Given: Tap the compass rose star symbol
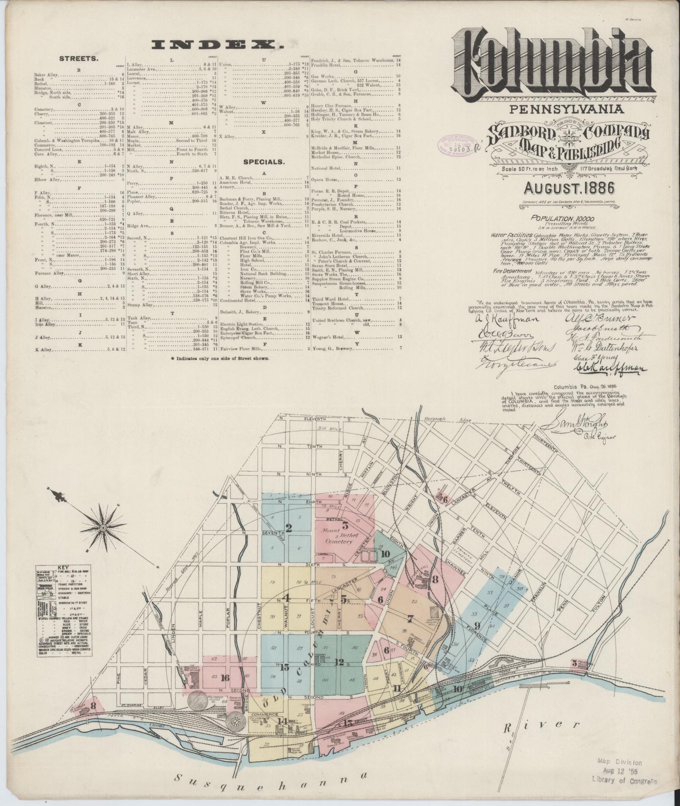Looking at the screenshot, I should coord(103,527).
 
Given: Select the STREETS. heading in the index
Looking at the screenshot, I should coord(79,59).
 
